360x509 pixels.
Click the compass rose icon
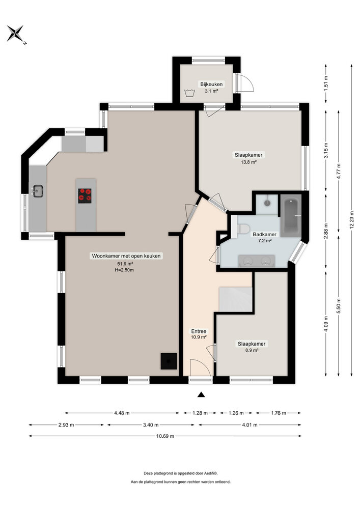[15, 34]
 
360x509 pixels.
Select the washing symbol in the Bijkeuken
[191, 93]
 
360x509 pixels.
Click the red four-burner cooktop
[85, 195]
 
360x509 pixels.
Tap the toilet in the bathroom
[243, 229]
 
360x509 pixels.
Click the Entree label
[199, 331]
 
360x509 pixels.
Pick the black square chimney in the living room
[169, 361]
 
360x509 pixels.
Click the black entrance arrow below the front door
[202, 394]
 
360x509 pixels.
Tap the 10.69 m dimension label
[165, 436]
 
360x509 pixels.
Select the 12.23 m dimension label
[351, 220]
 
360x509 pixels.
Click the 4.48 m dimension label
[122, 413]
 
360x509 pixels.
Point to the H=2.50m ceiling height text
[124, 270]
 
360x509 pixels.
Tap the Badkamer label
[264, 234]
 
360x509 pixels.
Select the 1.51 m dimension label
[326, 82]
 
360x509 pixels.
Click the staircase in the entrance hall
[235, 299]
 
